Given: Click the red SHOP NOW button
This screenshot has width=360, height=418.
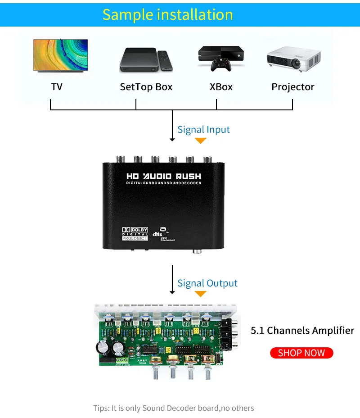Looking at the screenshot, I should click(x=301, y=353).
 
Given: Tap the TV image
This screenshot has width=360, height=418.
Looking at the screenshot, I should click(x=60, y=55).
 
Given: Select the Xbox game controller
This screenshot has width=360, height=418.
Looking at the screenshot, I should click(x=221, y=66).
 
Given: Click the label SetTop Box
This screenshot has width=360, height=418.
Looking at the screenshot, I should click(x=146, y=87).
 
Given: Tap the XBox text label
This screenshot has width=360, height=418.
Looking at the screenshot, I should click(x=221, y=87).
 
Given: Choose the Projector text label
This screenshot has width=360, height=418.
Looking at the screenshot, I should click(x=293, y=87).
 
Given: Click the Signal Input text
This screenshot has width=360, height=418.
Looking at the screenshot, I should click(x=203, y=130).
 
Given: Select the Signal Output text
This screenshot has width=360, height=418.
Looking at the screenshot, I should click(x=207, y=283).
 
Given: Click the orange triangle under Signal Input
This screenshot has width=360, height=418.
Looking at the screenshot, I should click(x=200, y=141).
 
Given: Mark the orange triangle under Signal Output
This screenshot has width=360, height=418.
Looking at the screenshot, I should click(x=200, y=294).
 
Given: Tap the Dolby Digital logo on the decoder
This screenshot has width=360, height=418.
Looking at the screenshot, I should click(x=135, y=232).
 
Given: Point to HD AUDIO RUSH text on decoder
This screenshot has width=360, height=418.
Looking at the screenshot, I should click(x=164, y=176).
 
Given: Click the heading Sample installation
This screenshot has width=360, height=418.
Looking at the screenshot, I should click(x=167, y=14).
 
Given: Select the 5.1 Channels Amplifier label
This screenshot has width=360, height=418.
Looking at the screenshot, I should click(x=302, y=331).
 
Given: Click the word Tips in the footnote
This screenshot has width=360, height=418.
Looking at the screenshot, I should click(x=101, y=408).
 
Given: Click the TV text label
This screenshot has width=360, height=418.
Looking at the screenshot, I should click(x=57, y=87).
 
